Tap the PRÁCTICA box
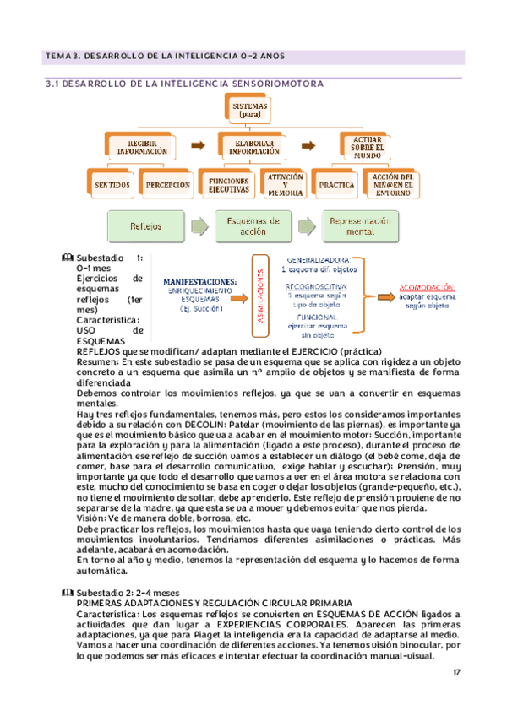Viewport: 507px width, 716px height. [x=336, y=184]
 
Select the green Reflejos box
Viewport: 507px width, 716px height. [x=147, y=226]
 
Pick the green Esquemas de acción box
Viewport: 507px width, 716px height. [x=253, y=226]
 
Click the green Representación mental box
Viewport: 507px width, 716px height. [x=361, y=226]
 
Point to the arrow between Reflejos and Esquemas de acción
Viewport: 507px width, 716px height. [x=200, y=226]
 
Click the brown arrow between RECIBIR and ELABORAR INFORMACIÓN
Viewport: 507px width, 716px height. [x=195, y=145]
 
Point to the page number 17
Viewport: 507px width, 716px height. [x=456, y=672]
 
